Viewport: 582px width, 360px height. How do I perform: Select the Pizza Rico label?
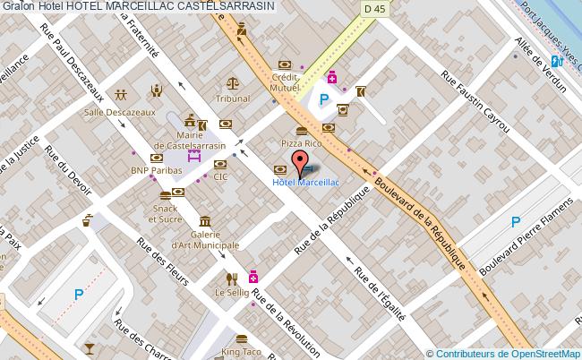[x=301, y=143]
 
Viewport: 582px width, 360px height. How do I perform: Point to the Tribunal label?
[x=232, y=99]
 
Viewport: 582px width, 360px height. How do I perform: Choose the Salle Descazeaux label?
[x=133, y=112]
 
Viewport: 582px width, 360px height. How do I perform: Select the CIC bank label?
[x=221, y=176]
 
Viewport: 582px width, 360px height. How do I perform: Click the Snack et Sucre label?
[x=164, y=212]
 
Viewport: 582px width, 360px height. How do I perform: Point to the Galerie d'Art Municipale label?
[x=206, y=239]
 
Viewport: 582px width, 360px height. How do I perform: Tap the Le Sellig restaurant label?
[x=231, y=292]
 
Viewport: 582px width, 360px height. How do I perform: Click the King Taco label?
[x=241, y=354]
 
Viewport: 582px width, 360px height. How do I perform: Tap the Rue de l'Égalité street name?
[x=380, y=292]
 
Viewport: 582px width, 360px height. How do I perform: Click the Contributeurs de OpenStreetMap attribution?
[x=504, y=353]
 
